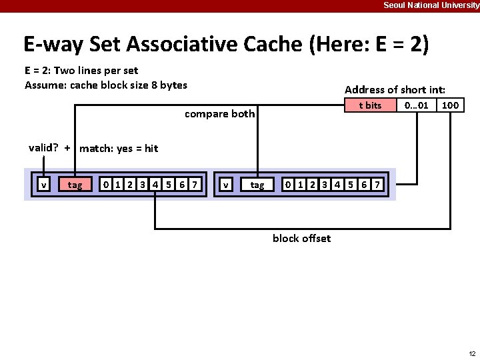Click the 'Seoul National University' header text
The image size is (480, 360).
point(431,5)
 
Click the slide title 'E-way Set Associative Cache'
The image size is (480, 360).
point(226,44)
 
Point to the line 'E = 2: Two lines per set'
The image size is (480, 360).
point(81,70)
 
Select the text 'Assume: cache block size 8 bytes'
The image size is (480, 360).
point(106,85)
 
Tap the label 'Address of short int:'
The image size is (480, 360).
point(395,89)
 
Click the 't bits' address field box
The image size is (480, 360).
point(369,105)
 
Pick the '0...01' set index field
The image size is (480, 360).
point(417,105)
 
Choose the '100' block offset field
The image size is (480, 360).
point(451,105)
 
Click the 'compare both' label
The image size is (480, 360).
point(219,113)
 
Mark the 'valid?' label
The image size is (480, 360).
point(43,148)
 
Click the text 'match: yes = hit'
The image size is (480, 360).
point(119,149)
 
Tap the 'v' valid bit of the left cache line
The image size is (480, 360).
point(43,185)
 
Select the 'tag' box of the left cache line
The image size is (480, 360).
point(75,185)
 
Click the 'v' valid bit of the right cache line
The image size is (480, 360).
point(227,185)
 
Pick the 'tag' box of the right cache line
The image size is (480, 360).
point(257,185)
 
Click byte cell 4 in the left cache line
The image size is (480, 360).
point(155,184)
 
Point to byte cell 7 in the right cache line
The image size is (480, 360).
point(377,184)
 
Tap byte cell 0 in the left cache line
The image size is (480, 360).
point(105,184)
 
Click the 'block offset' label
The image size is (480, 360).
point(301,238)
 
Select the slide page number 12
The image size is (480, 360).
point(472,353)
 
